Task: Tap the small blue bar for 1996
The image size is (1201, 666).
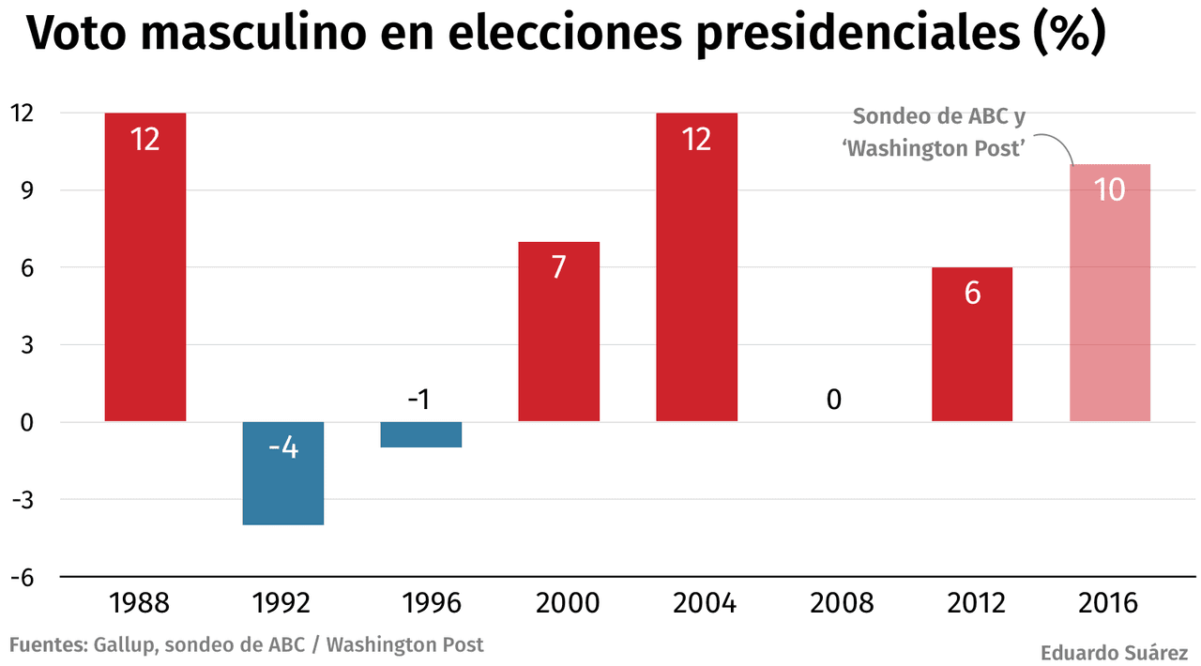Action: click(421, 434)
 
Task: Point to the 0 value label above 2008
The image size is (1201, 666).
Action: click(834, 400)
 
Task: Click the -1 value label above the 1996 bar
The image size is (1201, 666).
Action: click(418, 400)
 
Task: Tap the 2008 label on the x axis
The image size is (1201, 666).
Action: click(834, 602)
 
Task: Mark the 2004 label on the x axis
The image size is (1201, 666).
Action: click(697, 602)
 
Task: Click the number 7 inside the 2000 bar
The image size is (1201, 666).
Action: click(559, 267)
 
